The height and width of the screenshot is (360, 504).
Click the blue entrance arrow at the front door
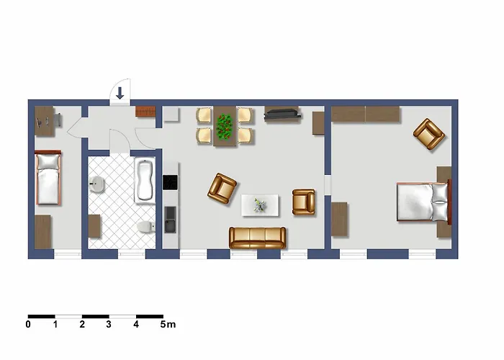click(x=120, y=93)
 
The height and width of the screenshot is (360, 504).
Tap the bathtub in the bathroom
click(x=144, y=180)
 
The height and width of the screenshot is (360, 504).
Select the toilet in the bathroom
click(x=146, y=227)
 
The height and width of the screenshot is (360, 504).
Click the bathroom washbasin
click(x=96, y=184)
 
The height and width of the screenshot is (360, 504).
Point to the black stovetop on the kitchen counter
click(x=170, y=182)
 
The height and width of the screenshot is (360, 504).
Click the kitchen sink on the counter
click(x=171, y=220)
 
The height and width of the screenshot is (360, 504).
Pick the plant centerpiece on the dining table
click(x=225, y=127)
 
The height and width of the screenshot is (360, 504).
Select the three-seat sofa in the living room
click(x=257, y=238)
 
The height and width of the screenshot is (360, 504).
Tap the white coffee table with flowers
click(x=260, y=205)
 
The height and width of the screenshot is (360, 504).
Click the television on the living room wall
click(x=282, y=114)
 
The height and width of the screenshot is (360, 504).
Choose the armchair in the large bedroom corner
click(x=429, y=134)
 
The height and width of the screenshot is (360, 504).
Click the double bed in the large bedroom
click(x=423, y=202)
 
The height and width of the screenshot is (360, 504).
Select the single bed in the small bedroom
click(x=48, y=178)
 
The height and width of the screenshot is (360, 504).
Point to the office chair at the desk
click(x=58, y=120)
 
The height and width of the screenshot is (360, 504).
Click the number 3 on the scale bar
click(x=109, y=324)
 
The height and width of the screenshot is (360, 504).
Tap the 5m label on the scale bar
click(x=168, y=324)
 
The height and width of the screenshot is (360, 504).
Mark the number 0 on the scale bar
click(x=28, y=324)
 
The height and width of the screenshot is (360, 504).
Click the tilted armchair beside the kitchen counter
click(x=222, y=189)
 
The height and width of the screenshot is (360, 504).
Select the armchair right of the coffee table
click(x=303, y=202)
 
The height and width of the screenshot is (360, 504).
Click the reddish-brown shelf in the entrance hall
click(x=145, y=111)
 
